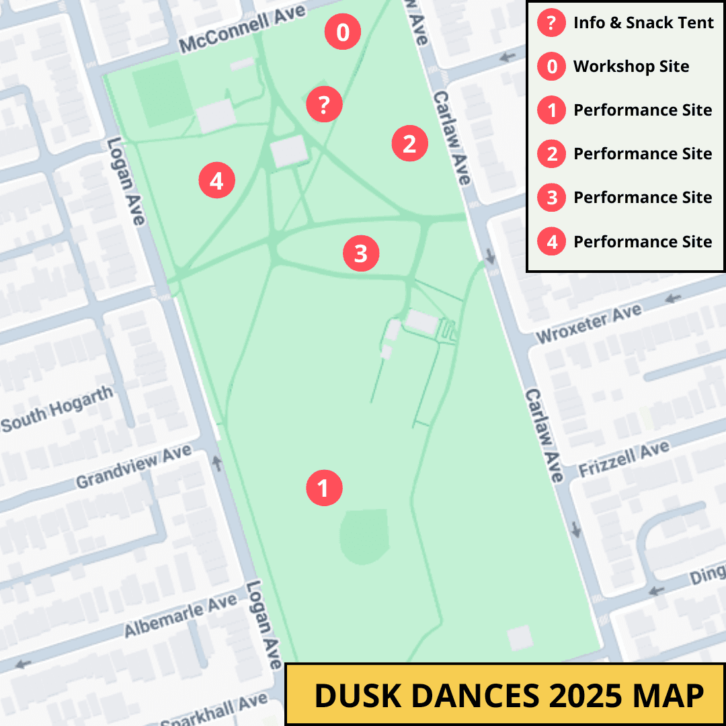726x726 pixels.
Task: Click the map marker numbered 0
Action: pyautogui.click(x=343, y=32)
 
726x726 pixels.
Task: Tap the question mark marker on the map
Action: pyautogui.click(x=325, y=104)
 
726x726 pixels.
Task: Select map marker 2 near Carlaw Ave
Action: pyautogui.click(x=409, y=143)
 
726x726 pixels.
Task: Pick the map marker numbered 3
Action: pyautogui.click(x=361, y=253)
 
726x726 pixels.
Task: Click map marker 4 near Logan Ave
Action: pyautogui.click(x=216, y=180)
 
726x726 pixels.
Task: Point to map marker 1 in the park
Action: pyautogui.click(x=325, y=488)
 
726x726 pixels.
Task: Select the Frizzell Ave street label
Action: pyautogui.click(x=624, y=458)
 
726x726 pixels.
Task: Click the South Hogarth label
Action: pyautogui.click(x=57, y=410)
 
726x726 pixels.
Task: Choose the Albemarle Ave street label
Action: pyautogui.click(x=180, y=616)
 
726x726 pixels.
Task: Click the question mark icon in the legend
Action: pyautogui.click(x=551, y=24)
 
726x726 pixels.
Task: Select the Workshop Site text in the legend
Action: pyautogui.click(x=631, y=67)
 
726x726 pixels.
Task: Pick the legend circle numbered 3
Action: pyautogui.click(x=551, y=198)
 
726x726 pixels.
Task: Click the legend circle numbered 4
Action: pyautogui.click(x=551, y=241)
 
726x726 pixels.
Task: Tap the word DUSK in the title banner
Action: pyautogui.click(x=356, y=695)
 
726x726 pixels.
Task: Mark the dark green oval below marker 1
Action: pyautogui.click(x=364, y=536)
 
